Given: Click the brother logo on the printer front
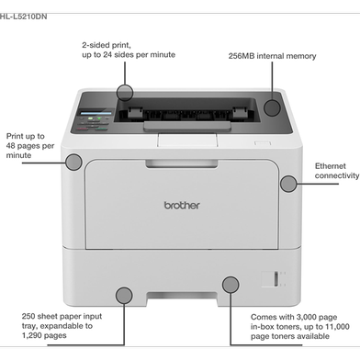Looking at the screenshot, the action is pos(182,205).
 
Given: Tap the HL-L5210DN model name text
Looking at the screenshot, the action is pos(23,17).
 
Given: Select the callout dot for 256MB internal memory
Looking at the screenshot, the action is pos(272,107).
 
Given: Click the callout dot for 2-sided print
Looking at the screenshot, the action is pos(125,92).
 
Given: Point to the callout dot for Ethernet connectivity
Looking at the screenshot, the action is pos(288,184).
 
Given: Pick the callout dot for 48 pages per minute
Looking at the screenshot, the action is pos(73,163).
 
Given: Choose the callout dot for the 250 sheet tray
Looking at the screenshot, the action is pos(124,296).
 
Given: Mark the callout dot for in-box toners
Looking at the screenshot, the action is pos(231,285).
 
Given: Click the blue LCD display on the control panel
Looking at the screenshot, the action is pos(96,113).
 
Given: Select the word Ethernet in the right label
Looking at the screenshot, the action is pos(331,166).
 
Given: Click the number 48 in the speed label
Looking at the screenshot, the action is pos(10,146).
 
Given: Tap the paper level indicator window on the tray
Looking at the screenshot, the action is pos(276,279).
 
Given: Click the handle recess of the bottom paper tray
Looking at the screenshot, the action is pos(182,296).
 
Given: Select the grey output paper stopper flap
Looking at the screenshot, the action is pos(187,126).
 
